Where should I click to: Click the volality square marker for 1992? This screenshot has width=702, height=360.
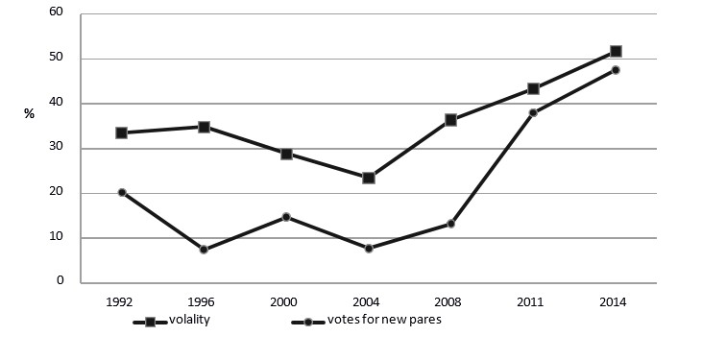[x=122, y=132]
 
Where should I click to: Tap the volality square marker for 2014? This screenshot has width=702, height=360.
[x=616, y=51]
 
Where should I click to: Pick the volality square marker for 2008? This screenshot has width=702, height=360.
[x=450, y=120]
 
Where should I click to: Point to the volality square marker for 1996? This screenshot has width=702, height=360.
[x=205, y=127]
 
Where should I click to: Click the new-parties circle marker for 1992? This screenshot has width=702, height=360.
[x=122, y=192]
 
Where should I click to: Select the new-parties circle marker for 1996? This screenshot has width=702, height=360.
[x=205, y=250]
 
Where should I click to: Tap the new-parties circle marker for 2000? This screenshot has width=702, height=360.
[x=286, y=217]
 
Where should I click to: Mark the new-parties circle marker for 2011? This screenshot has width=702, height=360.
[x=533, y=113]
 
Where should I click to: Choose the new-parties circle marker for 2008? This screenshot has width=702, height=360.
[x=450, y=224]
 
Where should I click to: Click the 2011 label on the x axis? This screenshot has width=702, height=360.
[x=533, y=301]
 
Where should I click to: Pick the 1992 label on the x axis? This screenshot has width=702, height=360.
[x=122, y=301]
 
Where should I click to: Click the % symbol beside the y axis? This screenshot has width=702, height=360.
[x=29, y=114]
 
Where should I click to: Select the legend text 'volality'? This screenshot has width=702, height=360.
[x=189, y=321]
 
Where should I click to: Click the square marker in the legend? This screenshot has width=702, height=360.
[x=150, y=322]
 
